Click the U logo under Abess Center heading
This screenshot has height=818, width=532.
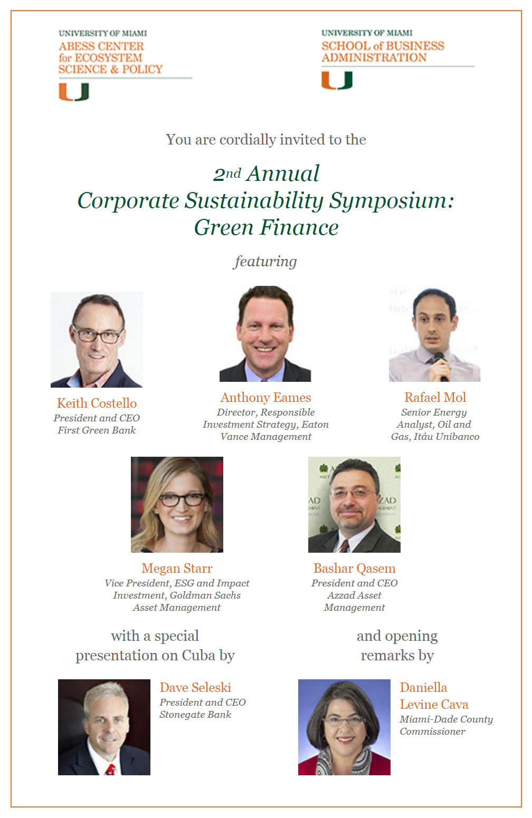click(x=74, y=92)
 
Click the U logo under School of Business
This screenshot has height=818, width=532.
click(x=337, y=80)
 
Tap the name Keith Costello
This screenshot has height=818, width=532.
click(x=97, y=403)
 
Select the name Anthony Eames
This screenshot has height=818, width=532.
click(x=265, y=397)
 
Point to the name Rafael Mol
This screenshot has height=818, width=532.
click(x=435, y=397)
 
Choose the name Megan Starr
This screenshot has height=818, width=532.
click(x=177, y=568)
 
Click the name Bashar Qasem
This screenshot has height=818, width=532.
click(x=355, y=568)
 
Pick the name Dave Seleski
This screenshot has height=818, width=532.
click(x=195, y=688)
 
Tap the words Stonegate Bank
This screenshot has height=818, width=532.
click(x=195, y=714)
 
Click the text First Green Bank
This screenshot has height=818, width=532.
click(x=97, y=430)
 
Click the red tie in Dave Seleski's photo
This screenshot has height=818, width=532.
click(x=110, y=769)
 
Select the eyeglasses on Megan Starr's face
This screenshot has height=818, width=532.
click(x=182, y=499)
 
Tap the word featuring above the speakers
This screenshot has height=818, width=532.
click(x=265, y=262)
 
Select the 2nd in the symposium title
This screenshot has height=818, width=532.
click(x=227, y=174)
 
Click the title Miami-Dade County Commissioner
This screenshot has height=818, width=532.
click(x=446, y=725)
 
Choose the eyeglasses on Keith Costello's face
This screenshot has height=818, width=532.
click(x=97, y=335)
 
